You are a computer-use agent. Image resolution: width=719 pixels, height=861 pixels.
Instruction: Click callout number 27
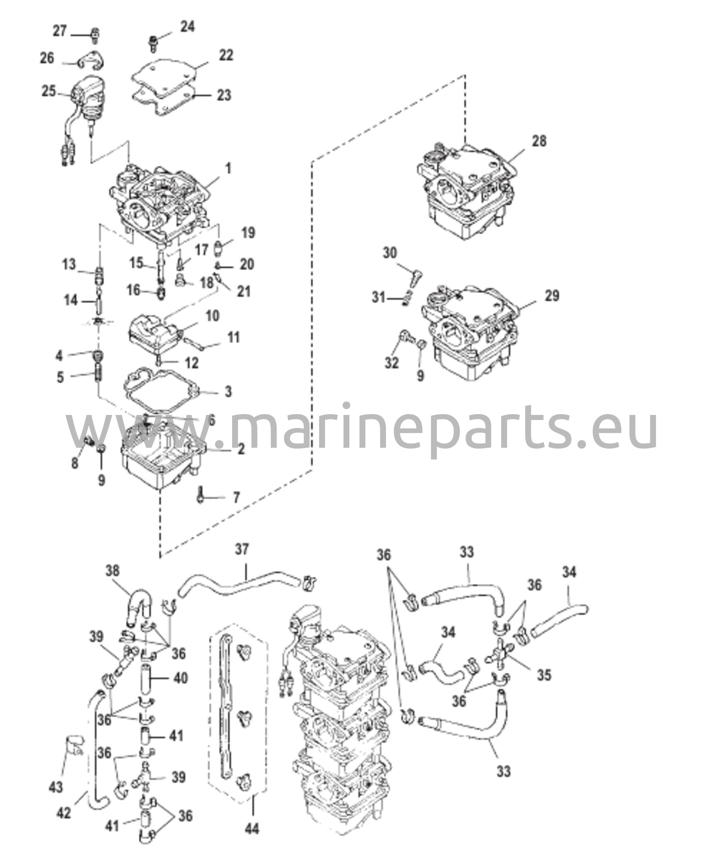pyautogui.click(x=59, y=31)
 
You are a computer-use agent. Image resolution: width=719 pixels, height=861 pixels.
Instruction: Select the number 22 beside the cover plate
pyautogui.click(x=225, y=55)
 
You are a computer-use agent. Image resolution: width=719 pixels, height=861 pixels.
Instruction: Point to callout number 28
pyautogui.click(x=539, y=141)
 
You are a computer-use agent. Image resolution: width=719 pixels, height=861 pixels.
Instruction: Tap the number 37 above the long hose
pyautogui.click(x=242, y=549)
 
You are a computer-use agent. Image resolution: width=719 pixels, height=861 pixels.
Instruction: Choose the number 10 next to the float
pyautogui.click(x=212, y=316)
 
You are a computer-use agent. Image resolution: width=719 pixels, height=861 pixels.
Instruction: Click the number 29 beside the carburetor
pyautogui.click(x=552, y=296)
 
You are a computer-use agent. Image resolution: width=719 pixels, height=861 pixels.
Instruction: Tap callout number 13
pyautogui.click(x=69, y=264)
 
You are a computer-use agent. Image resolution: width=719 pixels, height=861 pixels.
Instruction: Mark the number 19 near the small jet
pyautogui.click(x=248, y=232)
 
